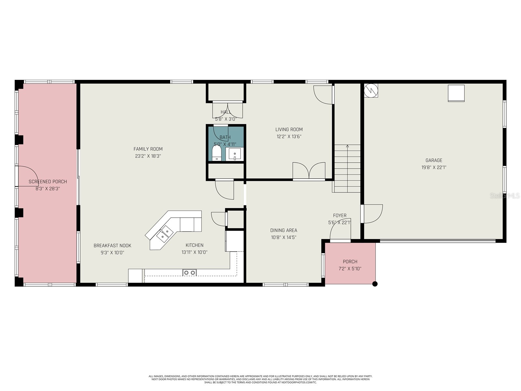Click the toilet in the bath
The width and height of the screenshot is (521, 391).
point(217,153)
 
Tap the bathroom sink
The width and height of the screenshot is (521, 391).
point(234,154)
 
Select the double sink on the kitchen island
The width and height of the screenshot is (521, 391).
point(164,233)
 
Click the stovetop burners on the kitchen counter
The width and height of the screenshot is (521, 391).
point(190,272)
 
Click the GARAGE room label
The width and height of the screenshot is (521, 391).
point(434,160)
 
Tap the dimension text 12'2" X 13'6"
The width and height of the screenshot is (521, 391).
point(289,137)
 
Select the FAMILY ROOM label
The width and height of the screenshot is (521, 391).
point(148,149)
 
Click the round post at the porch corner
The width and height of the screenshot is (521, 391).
point(375,284)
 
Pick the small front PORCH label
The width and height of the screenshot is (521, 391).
point(350,262)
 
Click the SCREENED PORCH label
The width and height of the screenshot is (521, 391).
point(48,181)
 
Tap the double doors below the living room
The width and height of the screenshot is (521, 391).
point(309,171)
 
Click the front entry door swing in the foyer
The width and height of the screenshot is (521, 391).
point(341,232)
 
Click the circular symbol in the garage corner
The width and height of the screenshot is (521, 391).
point(371,91)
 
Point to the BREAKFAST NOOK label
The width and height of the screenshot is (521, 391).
point(112,246)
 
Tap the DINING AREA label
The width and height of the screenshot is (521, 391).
point(284,230)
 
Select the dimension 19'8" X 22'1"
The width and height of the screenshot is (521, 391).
point(434,167)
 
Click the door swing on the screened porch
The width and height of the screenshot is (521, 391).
point(27,176)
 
